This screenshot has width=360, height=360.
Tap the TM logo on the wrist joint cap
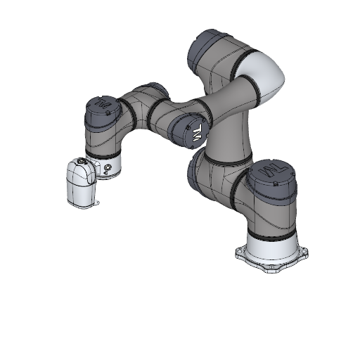103,105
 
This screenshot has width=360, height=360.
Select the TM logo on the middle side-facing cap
197,133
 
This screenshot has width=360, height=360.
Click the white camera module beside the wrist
81,184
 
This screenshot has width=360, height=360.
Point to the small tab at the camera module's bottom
96,205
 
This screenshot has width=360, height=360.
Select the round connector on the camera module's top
83,162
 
